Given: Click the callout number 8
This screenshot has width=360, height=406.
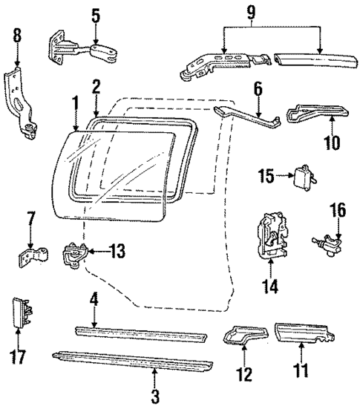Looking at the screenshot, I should click(x=17, y=35).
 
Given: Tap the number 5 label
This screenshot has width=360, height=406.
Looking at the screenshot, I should click(x=95, y=13).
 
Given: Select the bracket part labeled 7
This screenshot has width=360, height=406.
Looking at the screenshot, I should click(x=33, y=256).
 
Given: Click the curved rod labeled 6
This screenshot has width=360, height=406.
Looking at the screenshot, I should click(x=249, y=117).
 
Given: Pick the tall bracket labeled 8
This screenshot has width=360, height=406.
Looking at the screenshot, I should click(x=22, y=96).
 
